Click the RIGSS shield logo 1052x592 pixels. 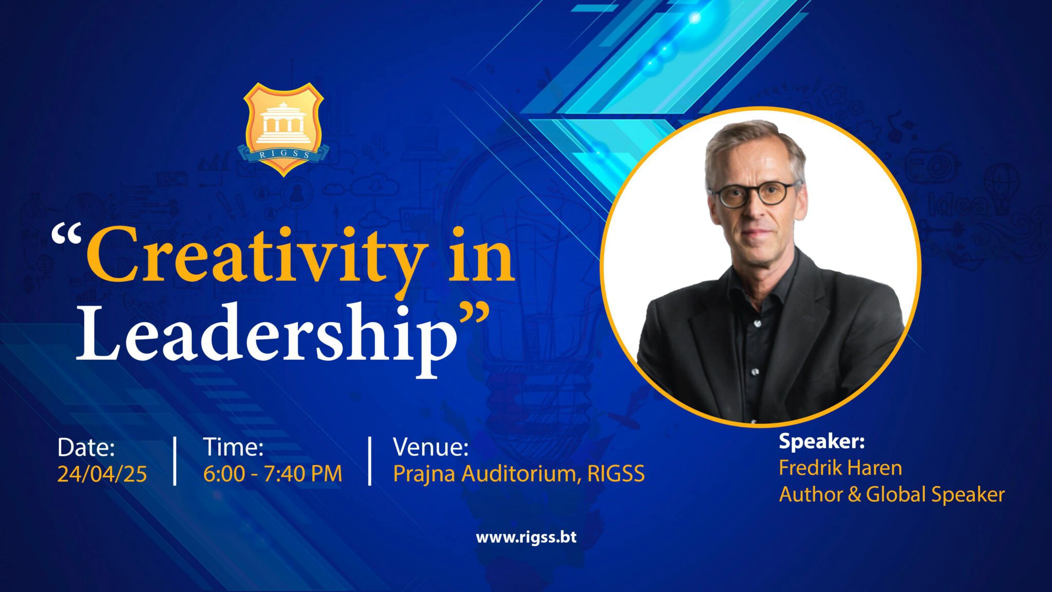[283, 129]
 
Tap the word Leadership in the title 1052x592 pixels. [267, 335]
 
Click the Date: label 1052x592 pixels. [86, 447]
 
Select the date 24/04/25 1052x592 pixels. [102, 474]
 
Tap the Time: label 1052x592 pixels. [233, 447]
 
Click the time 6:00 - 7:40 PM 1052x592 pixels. [273, 473]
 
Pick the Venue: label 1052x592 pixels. [430, 447]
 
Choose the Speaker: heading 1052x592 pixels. [822, 441]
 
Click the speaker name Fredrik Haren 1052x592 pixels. [840, 468]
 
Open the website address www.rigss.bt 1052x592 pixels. [526, 538]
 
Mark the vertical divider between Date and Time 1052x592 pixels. [175, 461]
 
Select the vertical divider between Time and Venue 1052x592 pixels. [370, 461]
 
